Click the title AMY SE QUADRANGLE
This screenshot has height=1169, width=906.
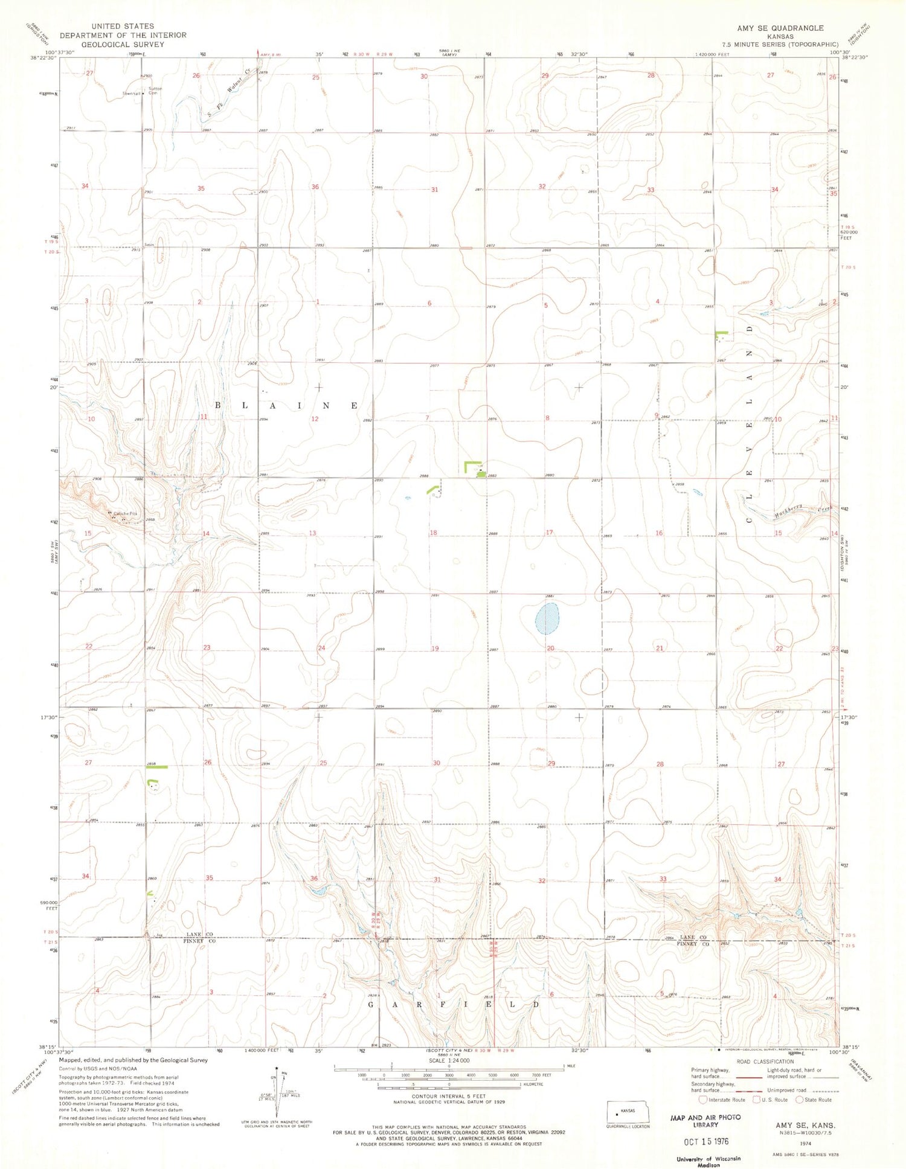coord(780,28)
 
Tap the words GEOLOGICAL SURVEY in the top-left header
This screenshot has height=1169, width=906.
coord(123,45)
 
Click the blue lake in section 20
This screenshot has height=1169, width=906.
coord(547,619)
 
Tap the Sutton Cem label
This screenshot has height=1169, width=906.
coord(156,91)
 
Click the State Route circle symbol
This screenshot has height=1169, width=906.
coord(799,1100)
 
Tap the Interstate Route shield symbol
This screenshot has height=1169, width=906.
coord(702,1100)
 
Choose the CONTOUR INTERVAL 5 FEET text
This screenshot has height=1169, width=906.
coord(448,1096)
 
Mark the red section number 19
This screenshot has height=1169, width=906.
coord(435,649)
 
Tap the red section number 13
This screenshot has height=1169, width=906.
coord(312,533)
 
